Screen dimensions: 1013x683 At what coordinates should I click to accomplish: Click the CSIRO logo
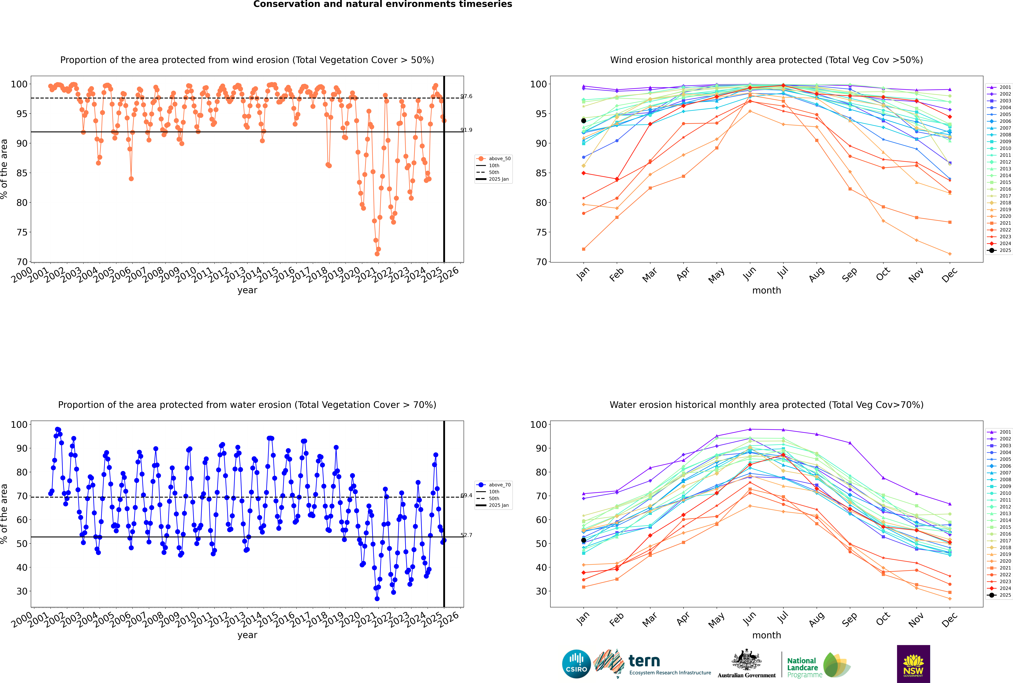(576, 664)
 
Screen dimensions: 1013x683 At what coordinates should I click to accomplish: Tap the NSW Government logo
(913, 663)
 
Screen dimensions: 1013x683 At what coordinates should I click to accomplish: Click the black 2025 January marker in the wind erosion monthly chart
(584, 121)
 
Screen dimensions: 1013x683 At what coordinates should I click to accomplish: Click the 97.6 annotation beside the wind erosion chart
(466, 96)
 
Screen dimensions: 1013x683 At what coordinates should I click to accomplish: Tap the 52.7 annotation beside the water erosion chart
(466, 535)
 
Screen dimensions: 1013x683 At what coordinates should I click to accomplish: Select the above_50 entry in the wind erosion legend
(493, 159)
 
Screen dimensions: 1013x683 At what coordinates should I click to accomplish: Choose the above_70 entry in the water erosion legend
(493, 485)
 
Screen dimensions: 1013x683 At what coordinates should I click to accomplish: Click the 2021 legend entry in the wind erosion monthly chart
(999, 223)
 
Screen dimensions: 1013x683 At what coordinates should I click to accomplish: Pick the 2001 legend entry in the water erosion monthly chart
(999, 432)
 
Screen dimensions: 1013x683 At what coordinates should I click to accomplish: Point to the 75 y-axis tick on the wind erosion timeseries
(22, 232)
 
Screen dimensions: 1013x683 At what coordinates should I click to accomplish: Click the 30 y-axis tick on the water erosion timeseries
(22, 591)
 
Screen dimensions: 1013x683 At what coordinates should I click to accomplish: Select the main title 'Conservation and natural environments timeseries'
(383, 4)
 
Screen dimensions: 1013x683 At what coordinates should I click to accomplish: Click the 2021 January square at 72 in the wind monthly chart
(584, 249)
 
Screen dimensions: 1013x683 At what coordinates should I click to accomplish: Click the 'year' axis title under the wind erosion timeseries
(247, 291)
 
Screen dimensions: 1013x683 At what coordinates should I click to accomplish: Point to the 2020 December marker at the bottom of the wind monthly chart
(950, 254)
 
